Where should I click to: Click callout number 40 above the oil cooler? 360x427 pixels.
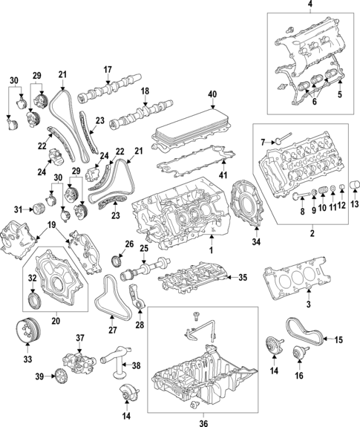212,94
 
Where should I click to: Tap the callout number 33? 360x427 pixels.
27,359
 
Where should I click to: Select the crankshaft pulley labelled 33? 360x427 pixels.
27,330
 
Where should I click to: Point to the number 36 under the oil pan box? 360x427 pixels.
203,423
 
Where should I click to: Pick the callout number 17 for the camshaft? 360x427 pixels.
108,70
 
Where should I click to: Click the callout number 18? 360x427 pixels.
145,91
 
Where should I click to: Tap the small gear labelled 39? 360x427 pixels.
59,377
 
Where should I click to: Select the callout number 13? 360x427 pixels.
355,203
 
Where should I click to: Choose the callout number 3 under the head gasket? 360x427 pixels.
308,304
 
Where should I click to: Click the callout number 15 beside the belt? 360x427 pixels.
338,339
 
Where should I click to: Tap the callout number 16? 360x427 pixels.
299,376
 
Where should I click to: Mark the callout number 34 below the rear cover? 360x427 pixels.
256,241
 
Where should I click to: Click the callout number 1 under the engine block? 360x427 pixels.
211,250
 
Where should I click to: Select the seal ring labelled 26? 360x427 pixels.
117,260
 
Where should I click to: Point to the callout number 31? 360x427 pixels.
19,209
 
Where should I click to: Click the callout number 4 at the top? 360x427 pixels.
310,4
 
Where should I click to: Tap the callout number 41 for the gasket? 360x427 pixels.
223,175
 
